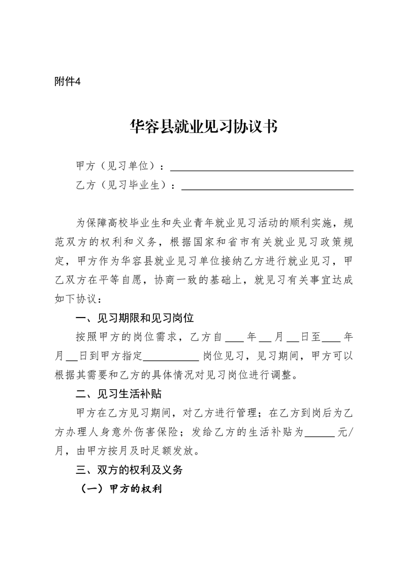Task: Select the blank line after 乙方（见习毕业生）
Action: point(267,188)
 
